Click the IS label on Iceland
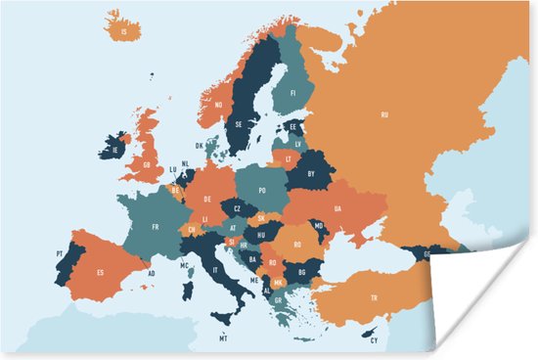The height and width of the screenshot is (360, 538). coord(124,31)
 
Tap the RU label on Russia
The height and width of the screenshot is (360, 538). coord(384,114)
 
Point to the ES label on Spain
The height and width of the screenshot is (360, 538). coord(100,272)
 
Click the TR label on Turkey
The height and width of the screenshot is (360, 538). coord(373,297)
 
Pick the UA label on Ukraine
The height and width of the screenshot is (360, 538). coord(337,207)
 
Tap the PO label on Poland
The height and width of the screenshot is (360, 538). coord(262,191)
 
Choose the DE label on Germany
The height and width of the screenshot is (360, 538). coord(207,200)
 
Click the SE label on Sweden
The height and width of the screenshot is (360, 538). coord(241,125)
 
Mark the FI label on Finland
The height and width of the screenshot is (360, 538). coord(291,94)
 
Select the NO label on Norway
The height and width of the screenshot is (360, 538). coord(219,106)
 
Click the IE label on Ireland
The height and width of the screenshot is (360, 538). coord(115,151)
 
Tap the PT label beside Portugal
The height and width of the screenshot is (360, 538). coord(60,254)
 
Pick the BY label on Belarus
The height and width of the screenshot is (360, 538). coord(312,173)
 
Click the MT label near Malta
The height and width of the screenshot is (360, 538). coord(223,338)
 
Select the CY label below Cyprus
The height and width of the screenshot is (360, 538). coord(373,340)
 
